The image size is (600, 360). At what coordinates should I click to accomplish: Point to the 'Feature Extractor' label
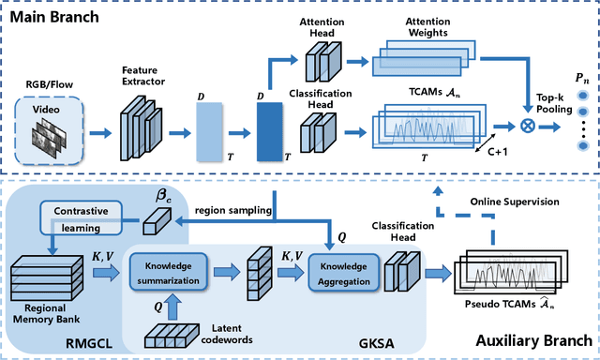[x=142, y=75]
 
